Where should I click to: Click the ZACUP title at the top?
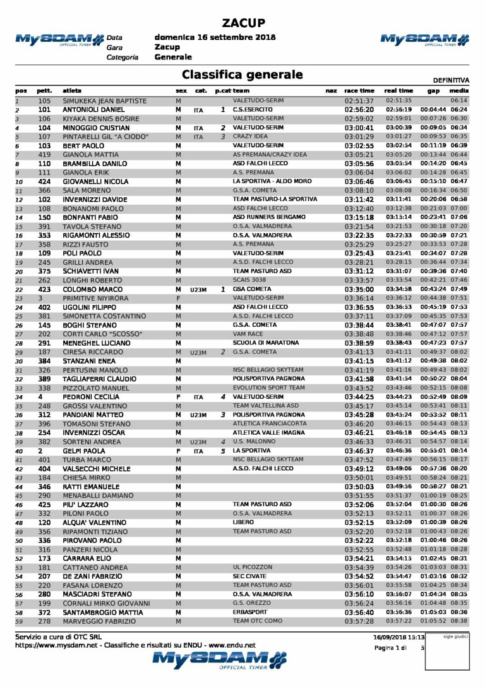[x=242, y=23]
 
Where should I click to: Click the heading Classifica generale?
[x=242, y=75]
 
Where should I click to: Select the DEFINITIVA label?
[x=452, y=80]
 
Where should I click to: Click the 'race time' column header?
[x=359, y=91]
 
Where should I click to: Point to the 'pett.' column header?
[x=44, y=91]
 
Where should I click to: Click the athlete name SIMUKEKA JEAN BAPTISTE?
[x=105, y=100]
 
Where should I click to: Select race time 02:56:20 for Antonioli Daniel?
[x=359, y=109]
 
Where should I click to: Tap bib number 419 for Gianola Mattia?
[x=44, y=154]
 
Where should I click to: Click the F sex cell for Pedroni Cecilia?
[x=179, y=397]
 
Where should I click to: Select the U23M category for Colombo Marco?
[x=198, y=289]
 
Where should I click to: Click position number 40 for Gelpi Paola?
[x=19, y=451]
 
